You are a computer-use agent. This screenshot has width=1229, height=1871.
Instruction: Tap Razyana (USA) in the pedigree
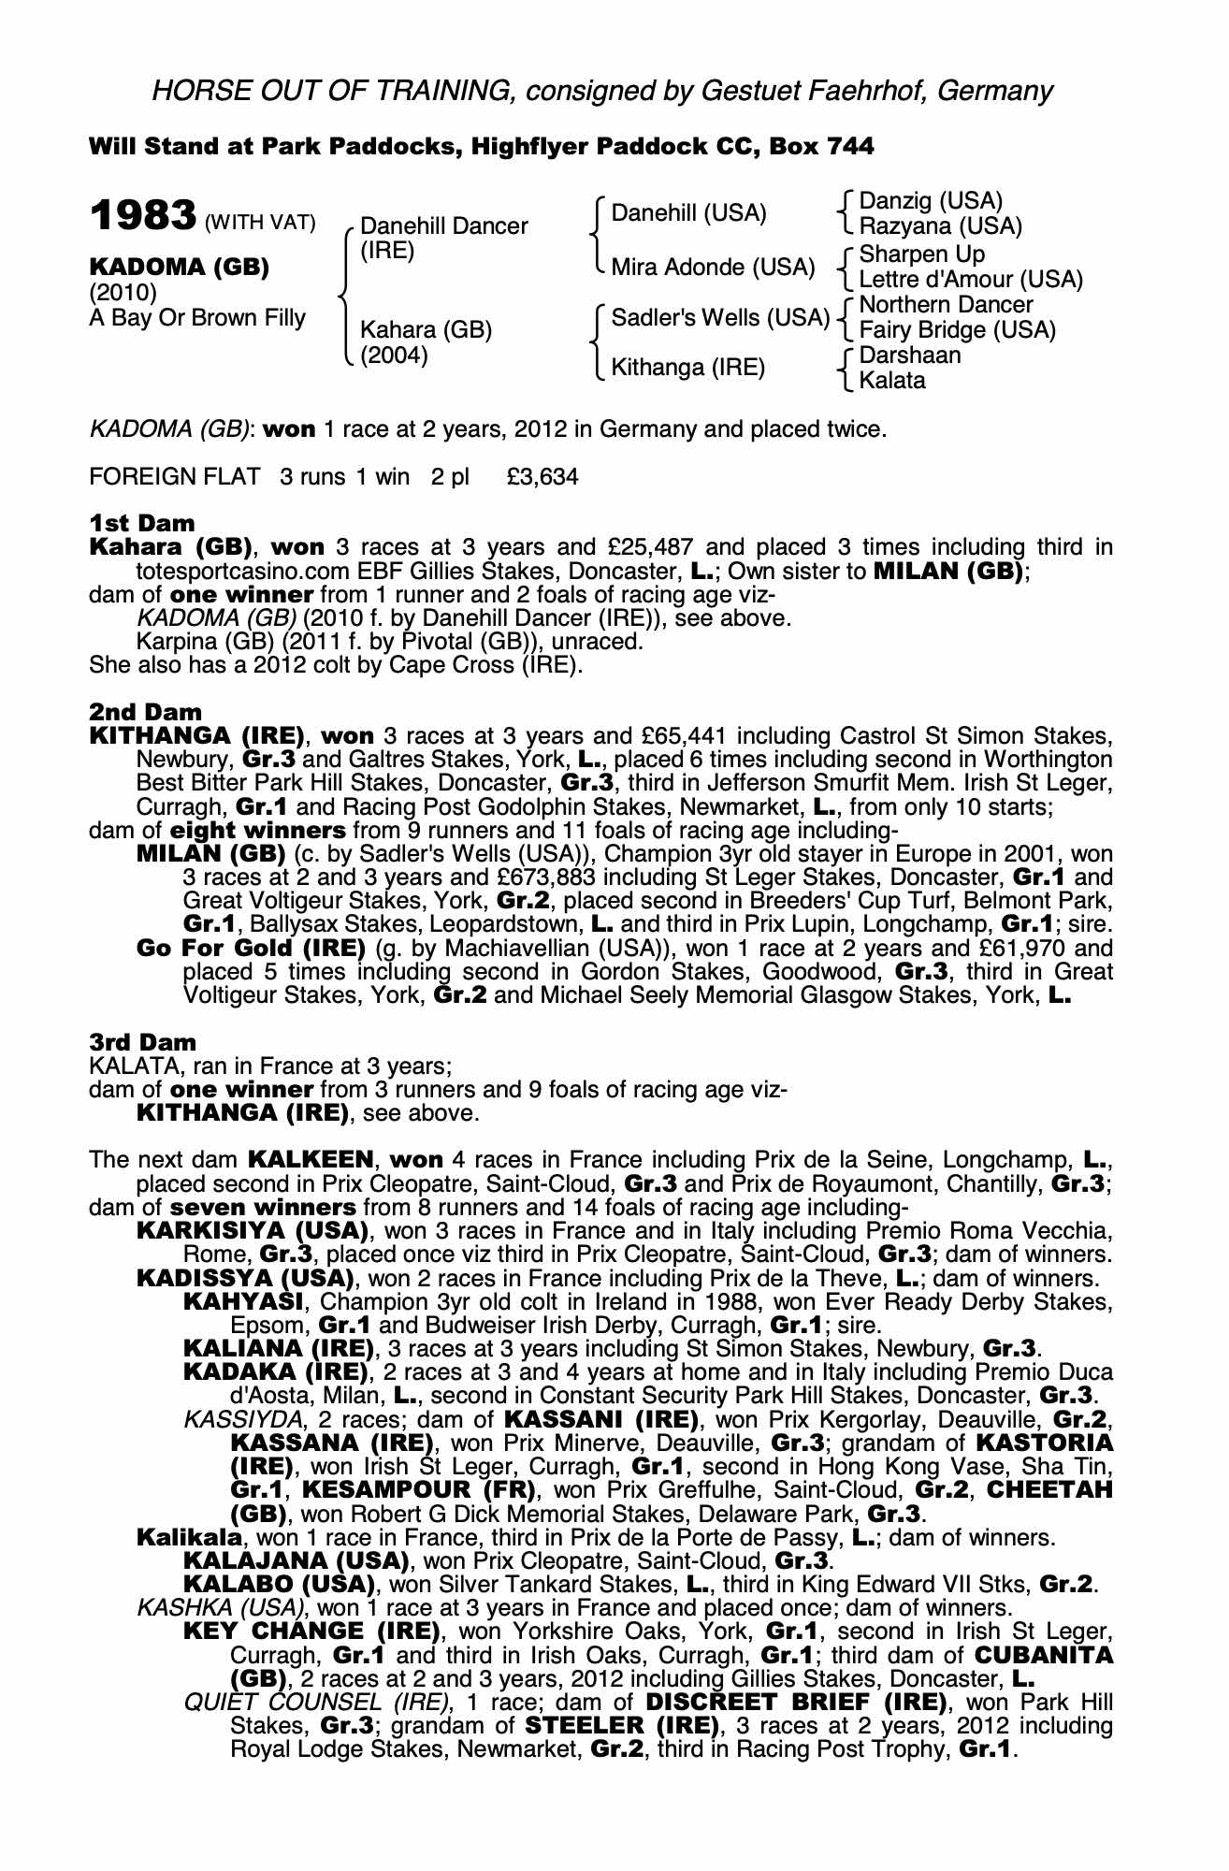click(x=940, y=226)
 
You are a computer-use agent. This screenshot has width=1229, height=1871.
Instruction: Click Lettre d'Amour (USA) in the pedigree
click(x=970, y=280)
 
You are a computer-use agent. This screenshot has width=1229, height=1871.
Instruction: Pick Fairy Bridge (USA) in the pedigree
click(x=957, y=330)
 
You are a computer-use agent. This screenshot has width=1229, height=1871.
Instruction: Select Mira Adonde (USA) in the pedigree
click(x=713, y=268)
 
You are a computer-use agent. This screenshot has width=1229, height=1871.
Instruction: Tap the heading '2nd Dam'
click(x=145, y=712)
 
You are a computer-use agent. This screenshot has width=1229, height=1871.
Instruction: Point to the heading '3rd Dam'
click(x=143, y=1042)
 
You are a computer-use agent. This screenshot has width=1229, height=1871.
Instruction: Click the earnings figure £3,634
click(x=542, y=477)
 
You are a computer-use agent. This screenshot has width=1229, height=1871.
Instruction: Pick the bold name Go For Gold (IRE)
click(x=251, y=948)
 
